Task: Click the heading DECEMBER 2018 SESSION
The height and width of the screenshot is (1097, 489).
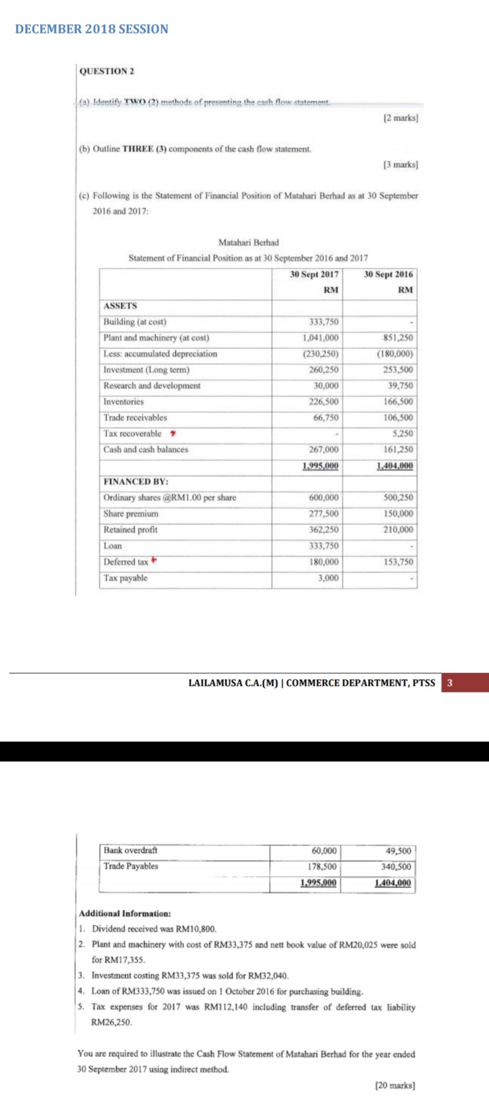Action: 92,29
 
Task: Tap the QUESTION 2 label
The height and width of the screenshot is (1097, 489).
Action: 107,71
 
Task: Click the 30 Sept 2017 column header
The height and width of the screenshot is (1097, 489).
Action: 314,275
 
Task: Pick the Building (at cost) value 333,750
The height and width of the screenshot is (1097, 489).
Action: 323,322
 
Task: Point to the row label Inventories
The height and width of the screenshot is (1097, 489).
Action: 123,402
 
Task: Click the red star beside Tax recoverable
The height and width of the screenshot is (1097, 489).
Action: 173,433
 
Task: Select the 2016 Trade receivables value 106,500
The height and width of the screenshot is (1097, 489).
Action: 398,418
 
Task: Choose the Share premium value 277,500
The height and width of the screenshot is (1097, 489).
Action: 323,514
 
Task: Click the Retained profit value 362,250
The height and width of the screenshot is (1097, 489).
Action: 323,530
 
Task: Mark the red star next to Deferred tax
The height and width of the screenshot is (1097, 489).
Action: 154,561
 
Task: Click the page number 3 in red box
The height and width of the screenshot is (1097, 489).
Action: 450,682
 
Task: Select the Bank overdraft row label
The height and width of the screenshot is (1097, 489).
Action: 130,850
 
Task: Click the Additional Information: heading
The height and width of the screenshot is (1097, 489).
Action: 125,913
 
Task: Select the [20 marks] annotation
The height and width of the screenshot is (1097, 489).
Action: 395,1085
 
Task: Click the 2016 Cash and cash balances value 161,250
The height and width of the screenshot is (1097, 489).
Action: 398,450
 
